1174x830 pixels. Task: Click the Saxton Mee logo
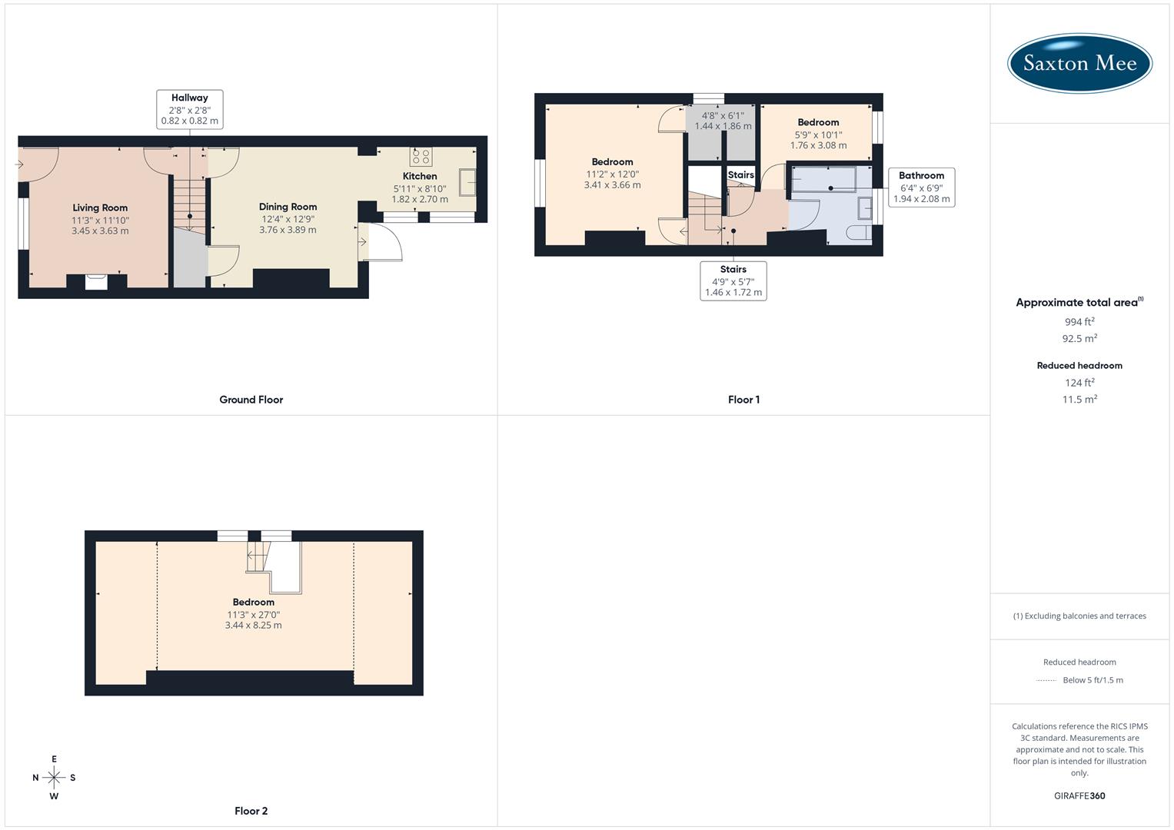(1079, 64)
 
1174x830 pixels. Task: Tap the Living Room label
(100, 207)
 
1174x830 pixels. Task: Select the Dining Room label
(288, 207)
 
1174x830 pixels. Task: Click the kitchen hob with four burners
(421, 157)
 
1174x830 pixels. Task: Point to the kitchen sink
(467, 182)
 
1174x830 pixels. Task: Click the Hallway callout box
(190, 109)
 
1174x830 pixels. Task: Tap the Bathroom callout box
(921, 187)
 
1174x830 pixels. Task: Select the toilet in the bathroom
(858, 233)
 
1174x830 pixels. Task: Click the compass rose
(54, 778)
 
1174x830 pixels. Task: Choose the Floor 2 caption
(251, 811)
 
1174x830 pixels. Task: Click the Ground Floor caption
(251, 400)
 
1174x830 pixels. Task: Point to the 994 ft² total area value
(1079, 322)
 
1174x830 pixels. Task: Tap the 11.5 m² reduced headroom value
(1079, 400)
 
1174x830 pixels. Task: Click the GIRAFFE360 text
(1079, 795)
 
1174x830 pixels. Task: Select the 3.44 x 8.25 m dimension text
(253, 626)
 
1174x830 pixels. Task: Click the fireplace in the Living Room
(96, 281)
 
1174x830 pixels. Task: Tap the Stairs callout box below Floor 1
(733, 281)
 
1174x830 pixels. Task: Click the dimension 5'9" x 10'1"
(818, 134)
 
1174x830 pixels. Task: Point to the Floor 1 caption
(743, 400)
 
